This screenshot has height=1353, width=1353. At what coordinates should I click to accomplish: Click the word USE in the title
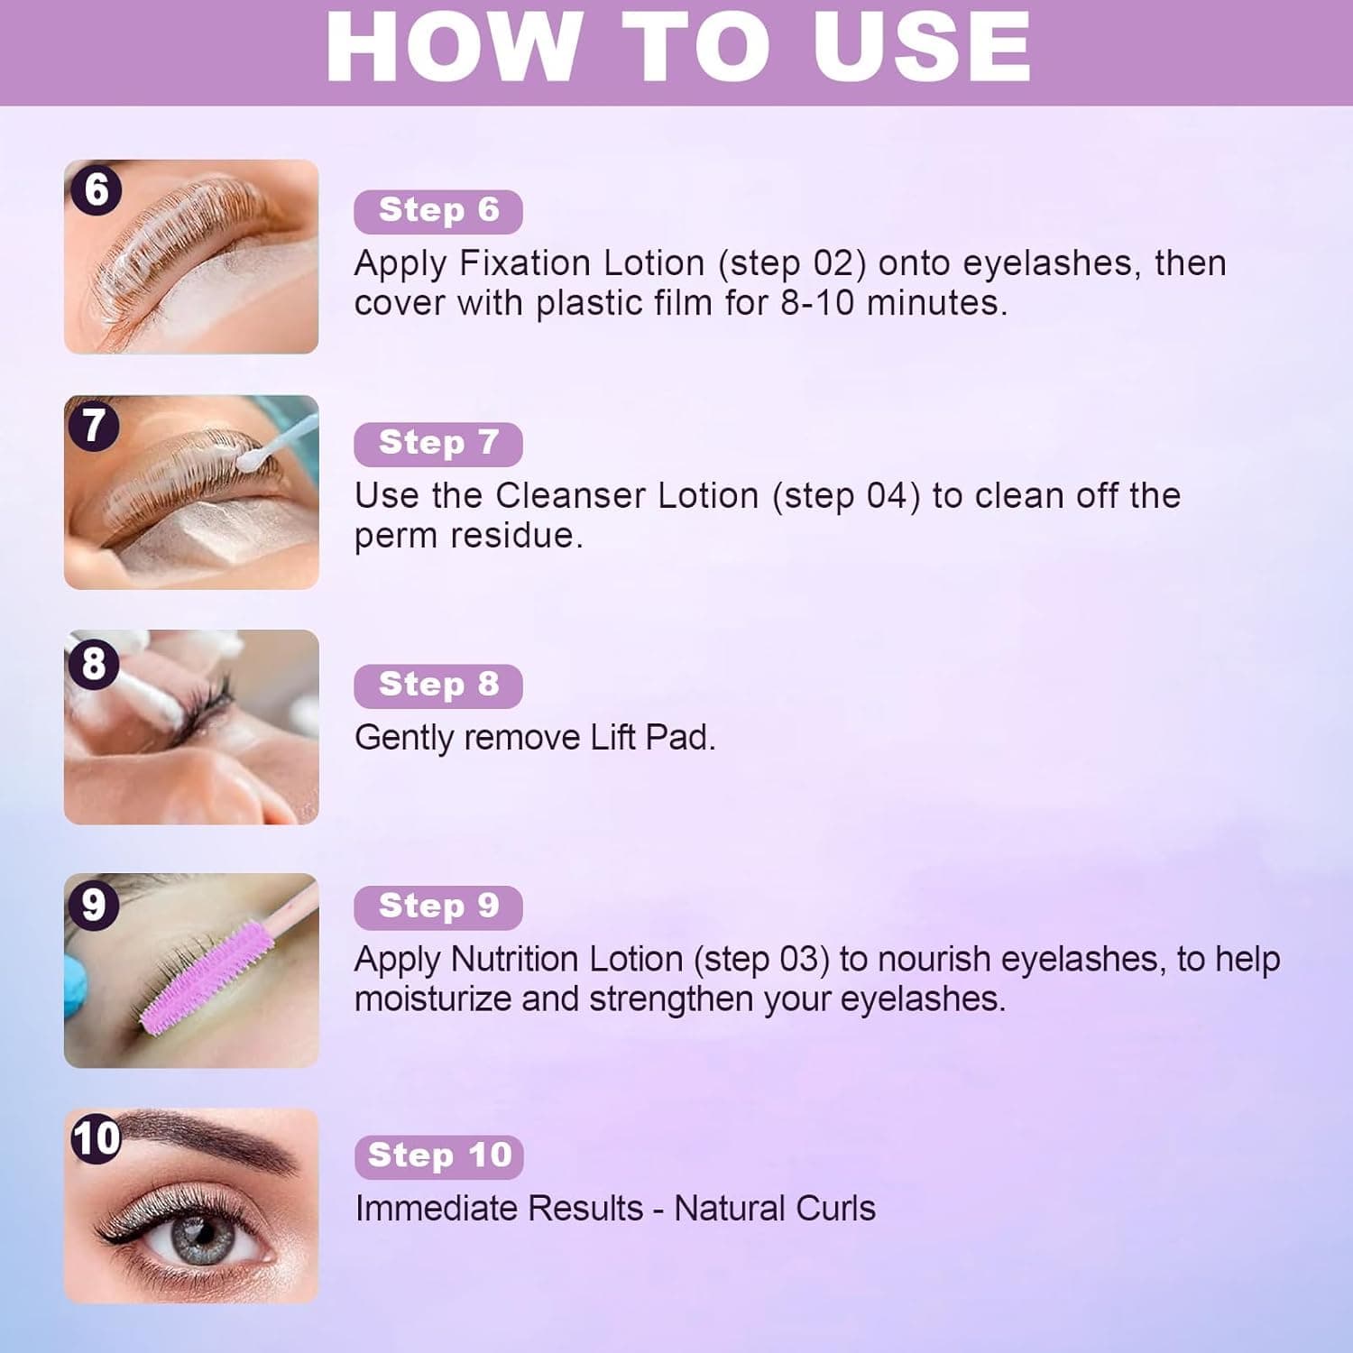tap(922, 47)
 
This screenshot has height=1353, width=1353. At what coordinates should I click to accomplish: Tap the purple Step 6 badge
tap(438, 211)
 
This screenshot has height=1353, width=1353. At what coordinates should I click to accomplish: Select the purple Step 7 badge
tap(438, 444)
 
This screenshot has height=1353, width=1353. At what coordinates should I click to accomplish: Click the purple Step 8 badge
tap(438, 686)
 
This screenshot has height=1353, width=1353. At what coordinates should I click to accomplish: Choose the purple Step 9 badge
tap(438, 907)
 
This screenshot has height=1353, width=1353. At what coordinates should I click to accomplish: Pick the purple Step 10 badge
tap(439, 1156)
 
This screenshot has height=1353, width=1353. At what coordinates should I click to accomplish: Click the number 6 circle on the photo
tap(96, 190)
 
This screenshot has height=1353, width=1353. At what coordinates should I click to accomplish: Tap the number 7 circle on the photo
tap(94, 426)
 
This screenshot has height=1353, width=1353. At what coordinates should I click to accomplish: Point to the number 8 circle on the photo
tap(93, 664)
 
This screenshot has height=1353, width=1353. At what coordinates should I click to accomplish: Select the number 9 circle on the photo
tap(93, 905)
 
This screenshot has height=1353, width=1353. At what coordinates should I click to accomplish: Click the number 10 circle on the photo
tap(96, 1138)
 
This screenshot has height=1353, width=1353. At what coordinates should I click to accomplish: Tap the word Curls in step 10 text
tap(836, 1209)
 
